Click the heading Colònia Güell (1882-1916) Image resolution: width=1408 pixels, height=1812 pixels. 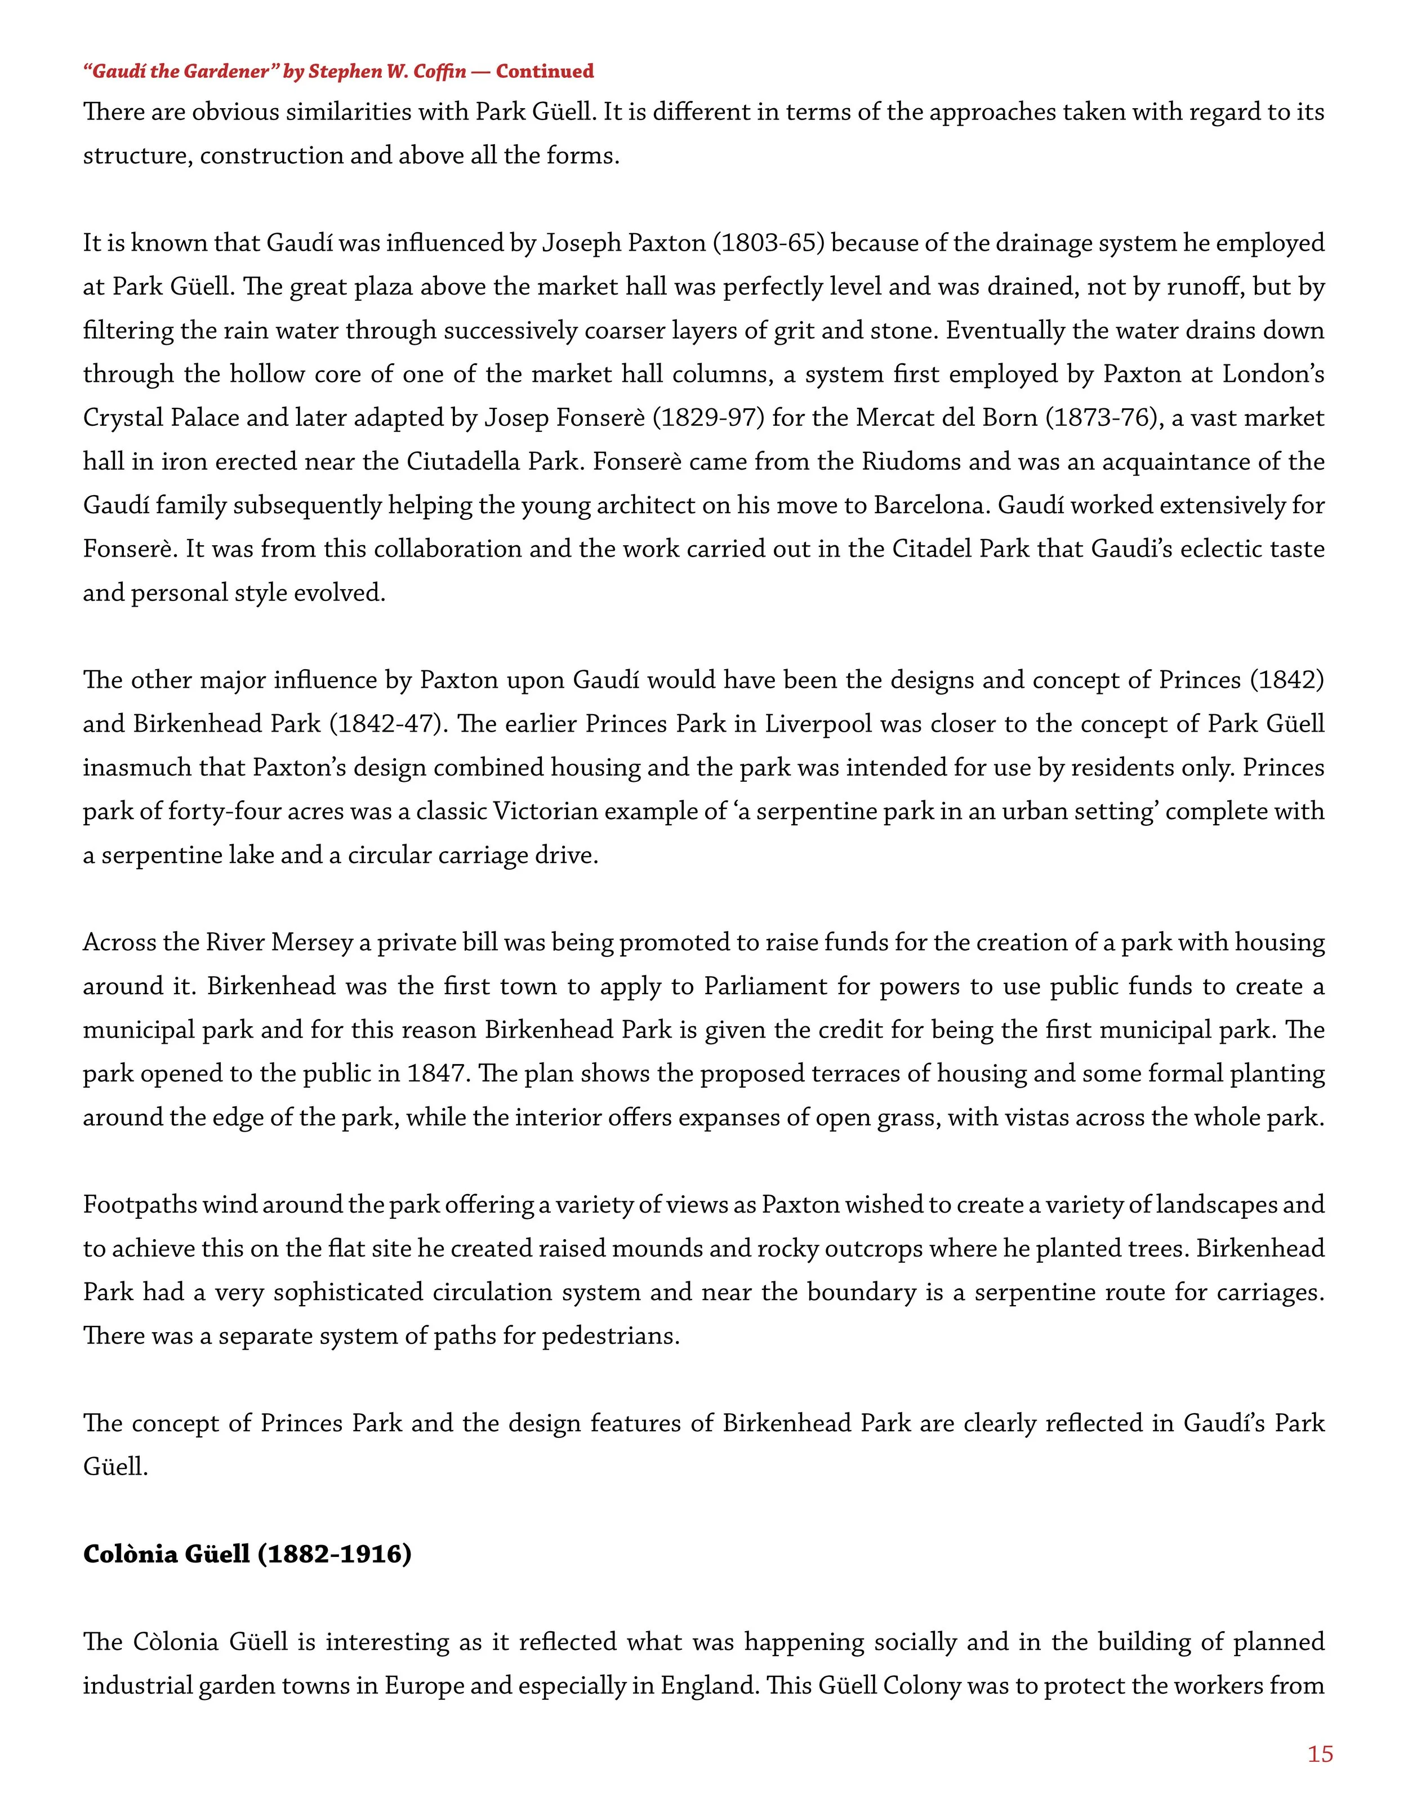click(x=247, y=1554)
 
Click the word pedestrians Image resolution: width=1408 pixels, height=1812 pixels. click(x=609, y=1337)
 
